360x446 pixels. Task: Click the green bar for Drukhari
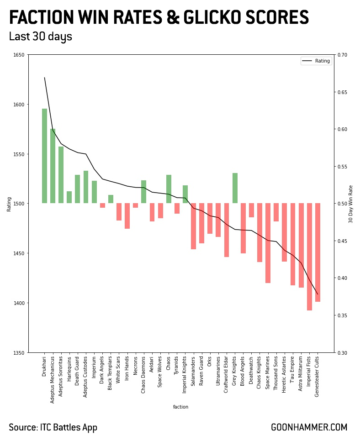pyautogui.click(x=44, y=156)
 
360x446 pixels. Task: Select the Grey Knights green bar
pyautogui.click(x=235, y=188)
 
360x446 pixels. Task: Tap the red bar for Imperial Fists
pyautogui.click(x=309, y=257)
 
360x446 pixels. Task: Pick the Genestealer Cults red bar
pyautogui.click(x=318, y=252)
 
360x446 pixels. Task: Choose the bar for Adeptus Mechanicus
pyautogui.click(x=53, y=166)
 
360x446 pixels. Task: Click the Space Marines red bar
pyautogui.click(x=268, y=243)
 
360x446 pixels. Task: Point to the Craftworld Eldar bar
pyautogui.click(x=227, y=230)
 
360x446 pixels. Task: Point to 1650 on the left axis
pyautogui.click(x=19, y=55)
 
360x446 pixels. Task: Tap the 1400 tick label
pyautogui.click(x=19, y=303)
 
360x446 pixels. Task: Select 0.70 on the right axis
pyautogui.click(x=342, y=55)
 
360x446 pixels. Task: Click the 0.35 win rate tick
pyautogui.click(x=342, y=315)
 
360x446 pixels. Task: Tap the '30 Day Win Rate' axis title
pyautogui.click(x=351, y=204)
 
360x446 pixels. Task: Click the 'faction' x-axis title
pyautogui.click(x=180, y=407)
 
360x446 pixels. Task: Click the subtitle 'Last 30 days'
pyautogui.click(x=41, y=37)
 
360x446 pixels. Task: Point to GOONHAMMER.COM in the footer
pyautogui.click(x=309, y=428)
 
